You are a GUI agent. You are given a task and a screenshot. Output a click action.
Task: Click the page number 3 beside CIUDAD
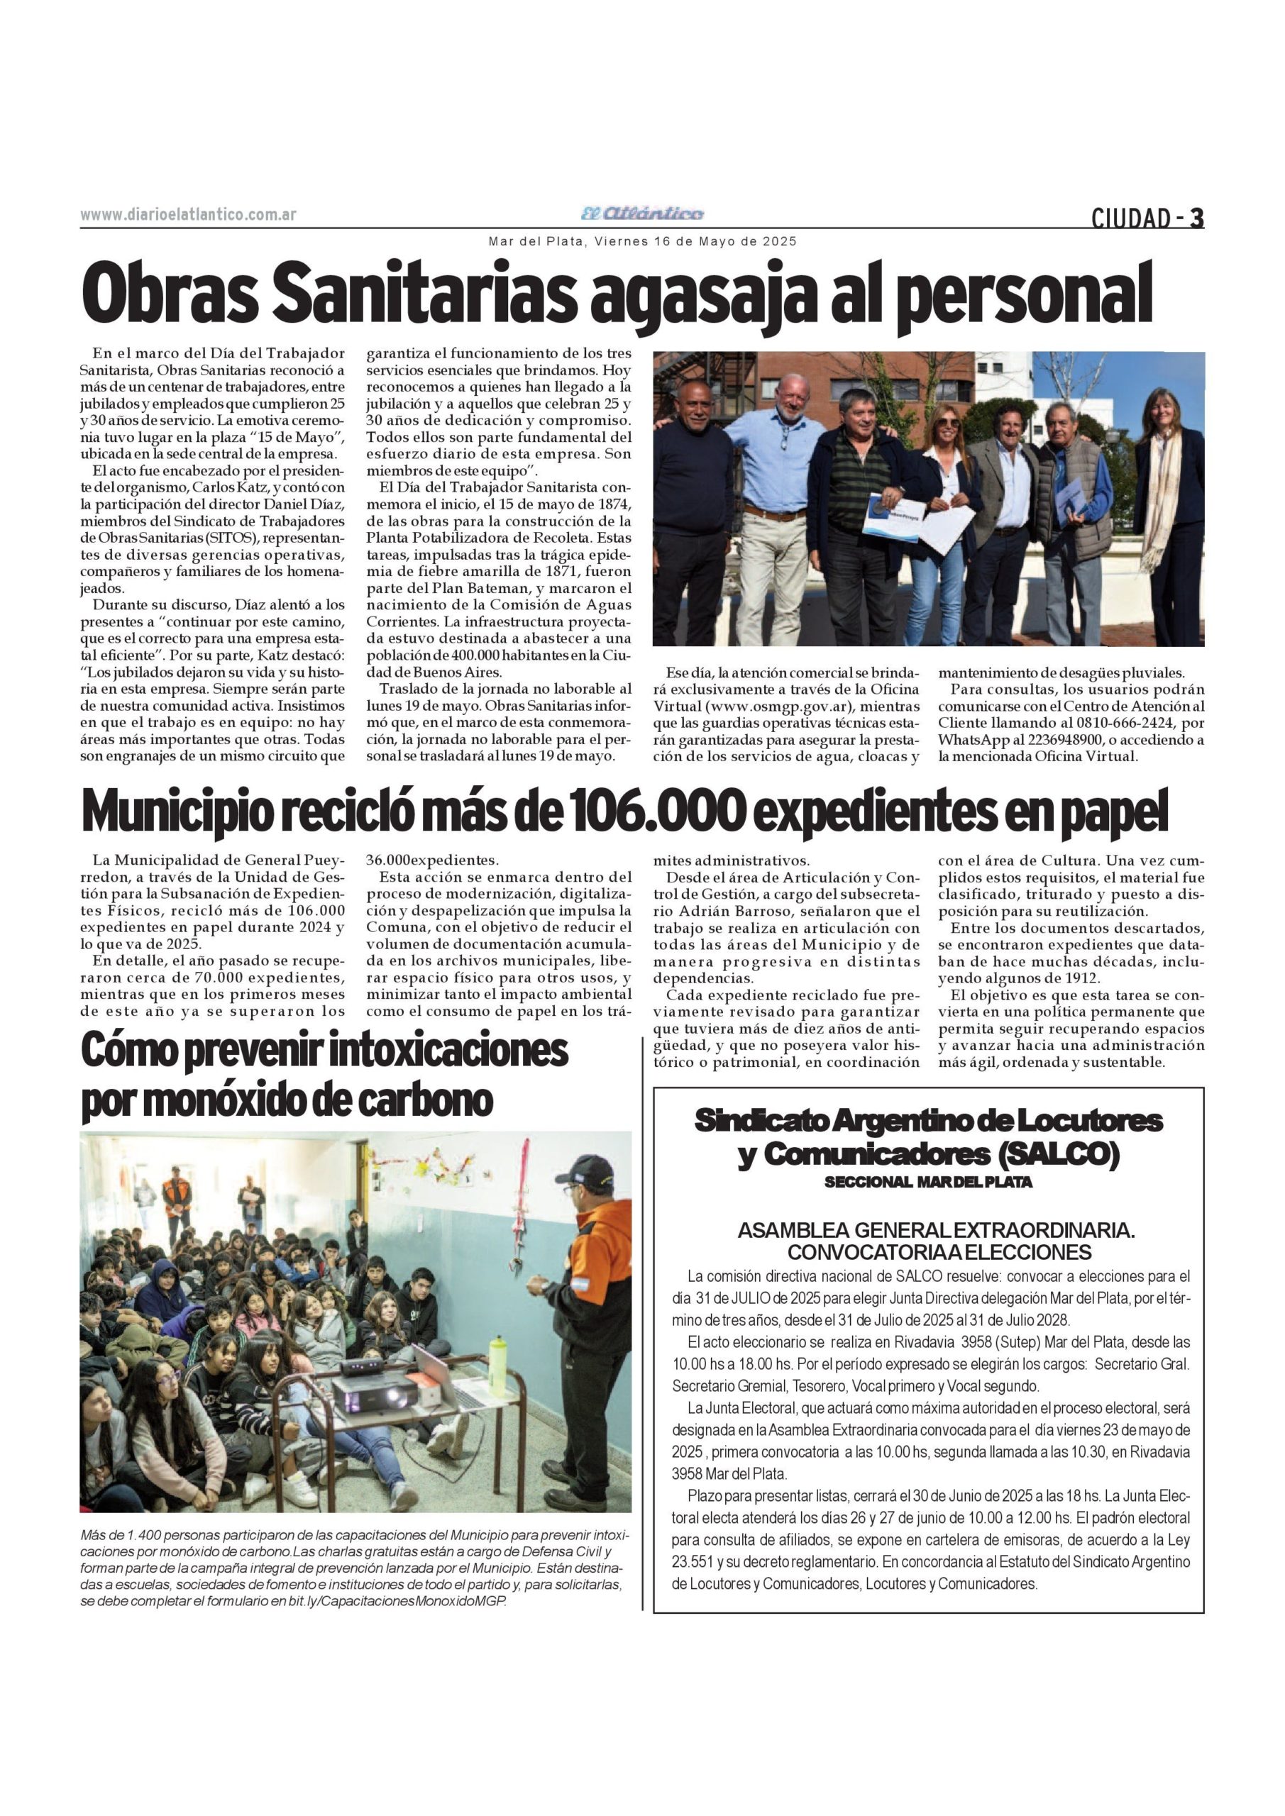coord(1196,217)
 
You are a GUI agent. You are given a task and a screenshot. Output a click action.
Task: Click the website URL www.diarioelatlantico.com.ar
coord(188,215)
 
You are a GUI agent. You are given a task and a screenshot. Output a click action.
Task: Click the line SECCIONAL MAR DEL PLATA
coord(928,1183)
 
